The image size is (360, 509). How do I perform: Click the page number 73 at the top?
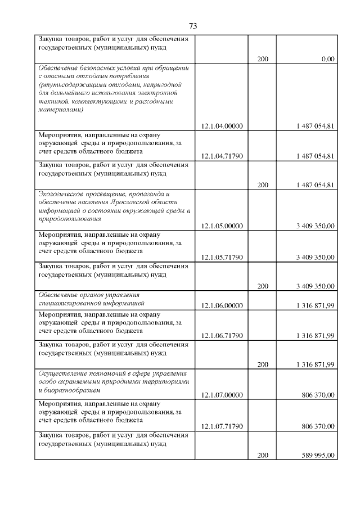pos(192,26)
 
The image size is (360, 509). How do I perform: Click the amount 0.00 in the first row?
pos(328,58)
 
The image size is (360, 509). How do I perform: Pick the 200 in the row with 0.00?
pos(263,58)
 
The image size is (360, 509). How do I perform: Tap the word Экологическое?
pos(60,193)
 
